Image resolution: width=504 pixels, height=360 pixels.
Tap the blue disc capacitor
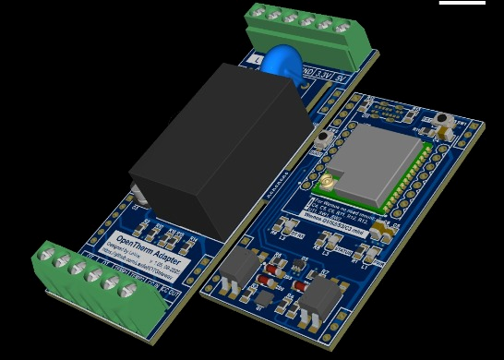click(282, 65)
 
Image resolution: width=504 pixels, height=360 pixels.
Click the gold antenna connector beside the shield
click(327, 182)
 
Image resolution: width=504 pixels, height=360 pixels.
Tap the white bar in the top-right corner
click(462, 3)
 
